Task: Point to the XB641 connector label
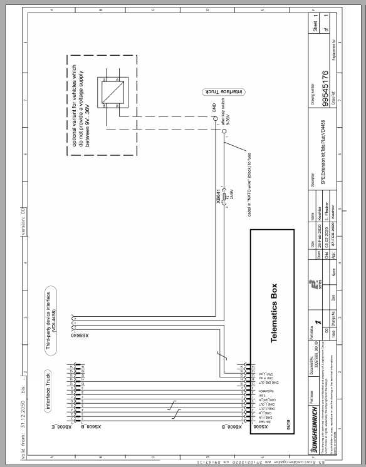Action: pos(217,197)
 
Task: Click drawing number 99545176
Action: pos(325,86)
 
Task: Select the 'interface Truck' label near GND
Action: pos(222,91)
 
